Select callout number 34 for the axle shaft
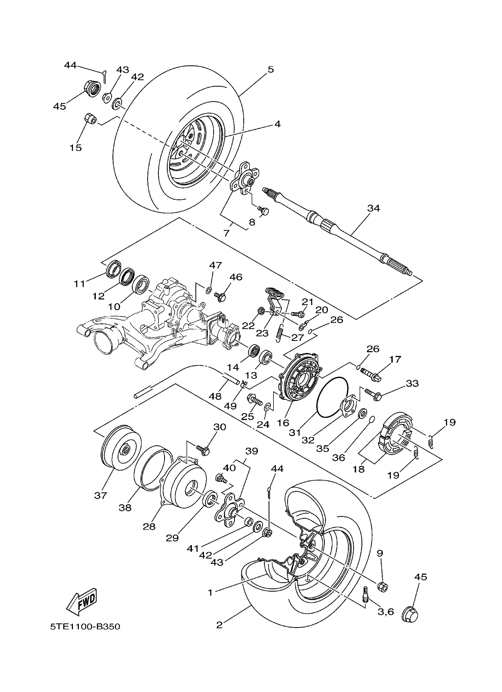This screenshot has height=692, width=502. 374,208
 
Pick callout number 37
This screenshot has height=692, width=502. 100,495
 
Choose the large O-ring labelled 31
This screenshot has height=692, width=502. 333,396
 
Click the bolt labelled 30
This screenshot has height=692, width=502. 203,450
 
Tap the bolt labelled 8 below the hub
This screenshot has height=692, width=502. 263,210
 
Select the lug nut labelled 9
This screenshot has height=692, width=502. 382,586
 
